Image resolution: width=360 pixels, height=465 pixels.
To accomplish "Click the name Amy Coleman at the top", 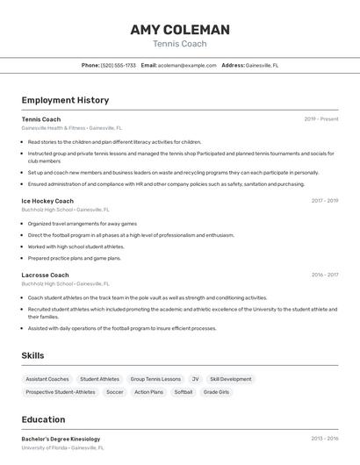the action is (x=180, y=30).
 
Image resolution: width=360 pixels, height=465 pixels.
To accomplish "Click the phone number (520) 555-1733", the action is (x=119, y=65).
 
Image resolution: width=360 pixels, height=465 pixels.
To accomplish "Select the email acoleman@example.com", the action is (x=187, y=65).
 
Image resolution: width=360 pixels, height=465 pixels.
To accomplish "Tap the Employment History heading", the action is (x=65, y=100).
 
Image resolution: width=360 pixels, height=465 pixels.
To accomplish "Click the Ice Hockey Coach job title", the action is (x=47, y=201).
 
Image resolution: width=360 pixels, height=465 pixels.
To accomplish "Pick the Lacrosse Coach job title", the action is (x=45, y=275).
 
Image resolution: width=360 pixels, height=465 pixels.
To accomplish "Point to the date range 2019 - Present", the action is (x=321, y=118).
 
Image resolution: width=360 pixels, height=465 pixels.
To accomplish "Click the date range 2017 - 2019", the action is (x=325, y=201).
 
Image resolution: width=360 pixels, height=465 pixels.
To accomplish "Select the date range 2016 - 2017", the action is (x=325, y=275).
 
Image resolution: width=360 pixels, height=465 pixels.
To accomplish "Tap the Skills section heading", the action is (x=33, y=355).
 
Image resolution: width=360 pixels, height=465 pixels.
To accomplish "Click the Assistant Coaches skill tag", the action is (x=47, y=379).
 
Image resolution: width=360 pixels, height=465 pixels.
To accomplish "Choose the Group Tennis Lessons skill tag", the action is (x=155, y=379).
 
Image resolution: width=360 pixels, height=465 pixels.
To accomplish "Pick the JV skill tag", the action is (x=195, y=379).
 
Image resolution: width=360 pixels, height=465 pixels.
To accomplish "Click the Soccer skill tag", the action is (x=115, y=392).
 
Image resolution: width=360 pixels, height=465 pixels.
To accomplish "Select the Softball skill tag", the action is (x=183, y=392).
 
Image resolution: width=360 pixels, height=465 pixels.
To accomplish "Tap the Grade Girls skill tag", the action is (x=216, y=392).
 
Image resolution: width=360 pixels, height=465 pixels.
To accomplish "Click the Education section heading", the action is (x=43, y=419).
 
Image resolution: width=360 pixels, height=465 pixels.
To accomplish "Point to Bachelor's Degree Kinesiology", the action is (x=61, y=439).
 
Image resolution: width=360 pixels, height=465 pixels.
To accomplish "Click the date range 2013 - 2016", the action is (x=325, y=439).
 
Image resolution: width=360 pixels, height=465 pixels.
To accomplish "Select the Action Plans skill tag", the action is (x=148, y=392).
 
